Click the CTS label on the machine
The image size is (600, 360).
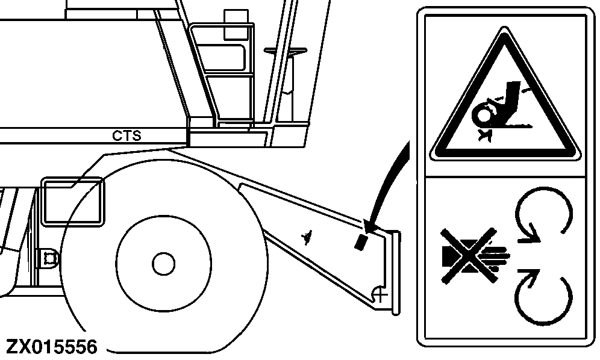coord(127,136)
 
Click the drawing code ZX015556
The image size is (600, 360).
coord(52,347)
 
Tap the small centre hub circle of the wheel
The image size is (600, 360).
coord(163,264)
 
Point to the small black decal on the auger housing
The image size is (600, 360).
coord(360,243)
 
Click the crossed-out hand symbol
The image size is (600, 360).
coord(473,255)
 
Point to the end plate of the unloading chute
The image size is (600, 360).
coord(395,273)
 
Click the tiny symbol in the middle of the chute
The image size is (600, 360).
coord(307,238)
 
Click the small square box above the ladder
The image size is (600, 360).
coord(236,25)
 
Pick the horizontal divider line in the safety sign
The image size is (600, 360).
coord(505,177)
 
